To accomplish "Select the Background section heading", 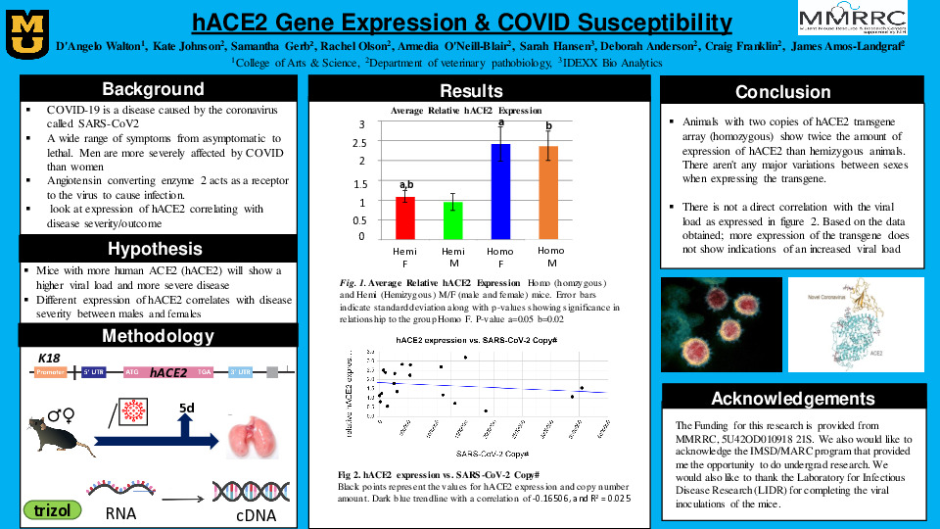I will pyautogui.click(x=153, y=89).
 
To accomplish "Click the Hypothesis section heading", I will pyautogui.click(x=155, y=248).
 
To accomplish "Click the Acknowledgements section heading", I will pyautogui.click(x=792, y=398).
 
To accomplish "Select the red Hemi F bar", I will pyautogui.click(x=405, y=216).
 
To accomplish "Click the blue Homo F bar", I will pyautogui.click(x=501, y=190).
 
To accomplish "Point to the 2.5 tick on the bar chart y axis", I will pyautogui.click(x=360, y=143).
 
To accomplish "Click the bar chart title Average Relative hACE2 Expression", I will pyautogui.click(x=466, y=111).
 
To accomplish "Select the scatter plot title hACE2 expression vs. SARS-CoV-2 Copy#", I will pyautogui.click(x=476, y=339).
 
